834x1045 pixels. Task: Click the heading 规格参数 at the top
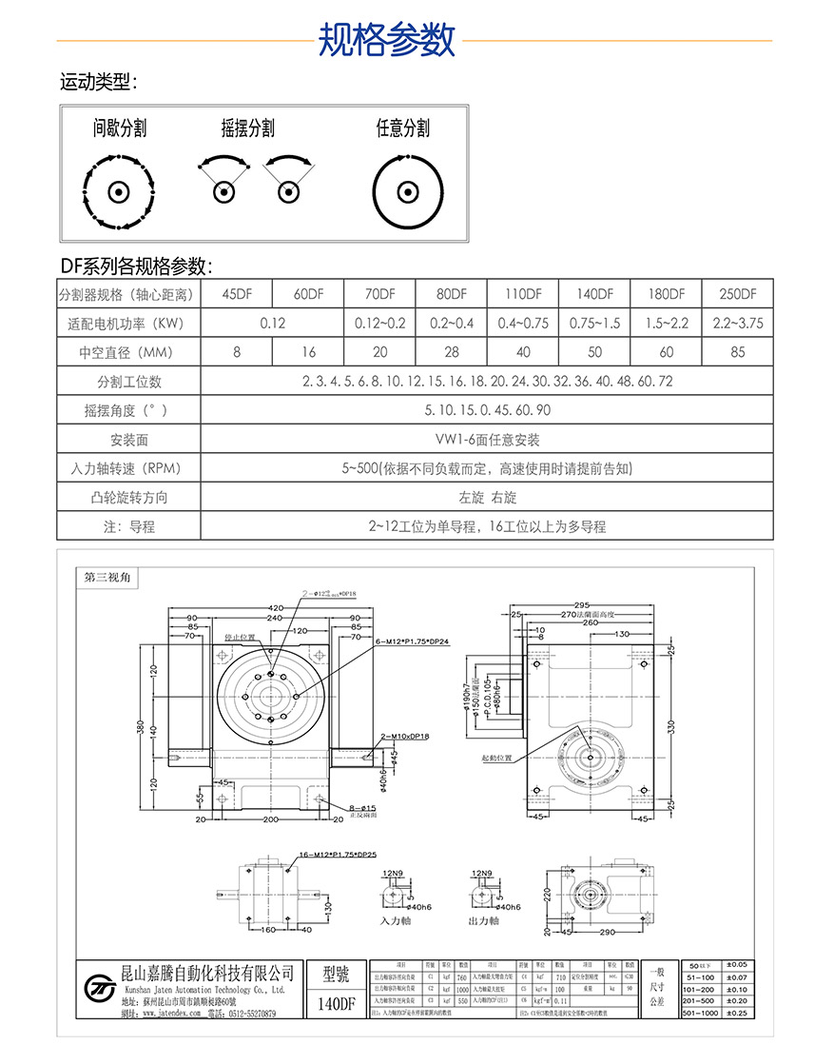point(386,41)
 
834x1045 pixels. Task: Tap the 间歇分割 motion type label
point(120,128)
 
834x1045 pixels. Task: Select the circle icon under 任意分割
point(408,191)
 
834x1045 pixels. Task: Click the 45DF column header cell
point(237,294)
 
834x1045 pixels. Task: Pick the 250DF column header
point(737,294)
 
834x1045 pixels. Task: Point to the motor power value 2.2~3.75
point(737,323)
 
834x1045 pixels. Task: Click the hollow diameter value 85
point(737,352)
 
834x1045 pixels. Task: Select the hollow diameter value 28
point(452,352)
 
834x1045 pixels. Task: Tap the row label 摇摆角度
point(128,410)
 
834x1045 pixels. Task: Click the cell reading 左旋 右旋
point(487,498)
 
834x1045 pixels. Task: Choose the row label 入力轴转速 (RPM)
point(128,468)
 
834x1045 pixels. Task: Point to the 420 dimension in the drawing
point(276,607)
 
